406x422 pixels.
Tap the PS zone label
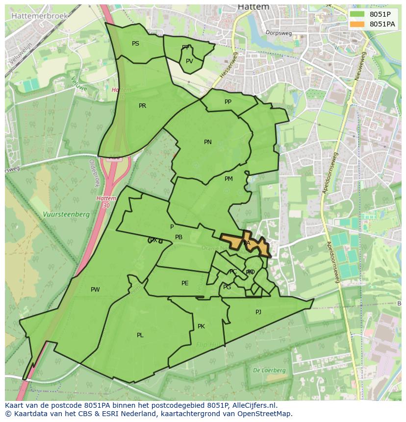tap(135, 44)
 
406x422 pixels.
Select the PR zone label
tap(142, 106)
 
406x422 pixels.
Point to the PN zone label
tap(208, 142)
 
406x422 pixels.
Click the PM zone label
tap(228, 179)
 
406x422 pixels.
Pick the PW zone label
tap(95, 290)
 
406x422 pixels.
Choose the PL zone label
tap(140, 335)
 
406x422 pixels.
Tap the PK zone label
tap(201, 326)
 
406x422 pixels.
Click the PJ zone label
tap(258, 312)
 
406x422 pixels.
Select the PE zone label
tap(185, 283)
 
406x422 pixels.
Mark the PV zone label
tap(189, 61)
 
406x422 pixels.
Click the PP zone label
tap(228, 102)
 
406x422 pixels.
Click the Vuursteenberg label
tap(66, 214)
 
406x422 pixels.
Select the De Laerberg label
tap(269, 371)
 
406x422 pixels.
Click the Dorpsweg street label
tap(279, 33)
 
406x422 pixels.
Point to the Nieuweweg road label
tap(361, 67)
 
